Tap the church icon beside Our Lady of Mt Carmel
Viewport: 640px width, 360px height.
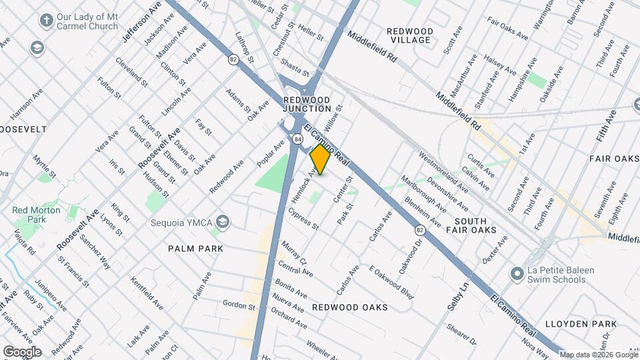[46, 20]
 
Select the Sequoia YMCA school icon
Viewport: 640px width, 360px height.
[222, 222]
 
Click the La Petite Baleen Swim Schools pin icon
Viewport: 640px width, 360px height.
[516, 274]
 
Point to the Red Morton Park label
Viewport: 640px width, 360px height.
[37, 215]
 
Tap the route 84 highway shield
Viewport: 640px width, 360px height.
[297, 139]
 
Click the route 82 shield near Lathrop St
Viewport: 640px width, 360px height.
[233, 60]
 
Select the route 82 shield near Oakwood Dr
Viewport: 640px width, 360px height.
[419, 229]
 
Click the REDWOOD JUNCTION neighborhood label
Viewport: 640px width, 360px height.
[307, 103]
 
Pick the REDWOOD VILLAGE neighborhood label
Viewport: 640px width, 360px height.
[410, 36]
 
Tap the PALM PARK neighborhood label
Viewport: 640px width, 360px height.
[195, 248]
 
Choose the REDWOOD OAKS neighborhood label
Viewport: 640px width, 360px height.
[350, 307]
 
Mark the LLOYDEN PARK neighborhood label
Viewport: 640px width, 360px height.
[581, 324]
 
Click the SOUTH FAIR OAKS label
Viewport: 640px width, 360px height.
[475, 225]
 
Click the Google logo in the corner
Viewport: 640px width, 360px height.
[21, 351]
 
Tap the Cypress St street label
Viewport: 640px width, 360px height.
[303, 218]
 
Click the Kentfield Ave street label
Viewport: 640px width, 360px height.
[147, 293]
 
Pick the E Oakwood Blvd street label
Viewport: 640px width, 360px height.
[391, 283]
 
